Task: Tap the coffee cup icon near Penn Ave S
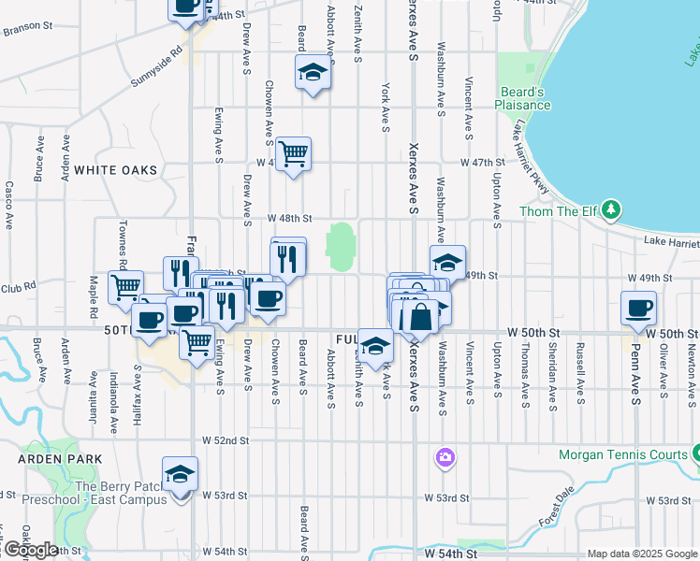(x=639, y=308)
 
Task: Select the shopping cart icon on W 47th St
(x=294, y=154)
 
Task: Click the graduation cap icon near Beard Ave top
(x=314, y=72)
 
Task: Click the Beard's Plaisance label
(x=522, y=98)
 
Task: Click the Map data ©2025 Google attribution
(x=642, y=554)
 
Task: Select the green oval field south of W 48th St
(x=340, y=244)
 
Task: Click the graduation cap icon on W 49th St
(x=447, y=263)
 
